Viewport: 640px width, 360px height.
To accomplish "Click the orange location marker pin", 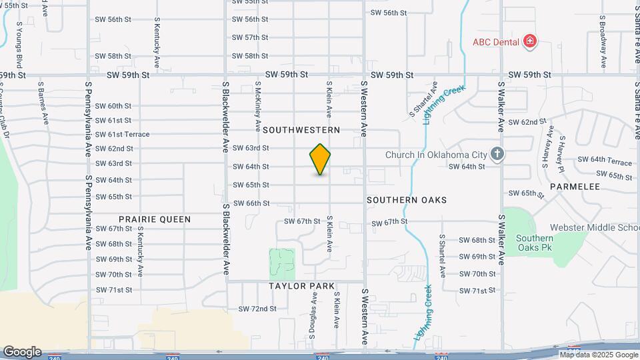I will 320,159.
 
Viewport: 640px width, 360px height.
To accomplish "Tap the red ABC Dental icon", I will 530,41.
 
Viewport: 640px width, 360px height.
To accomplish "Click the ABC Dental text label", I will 496,41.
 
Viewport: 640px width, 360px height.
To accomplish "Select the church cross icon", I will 496,155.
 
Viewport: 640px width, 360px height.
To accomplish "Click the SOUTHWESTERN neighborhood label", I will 301,130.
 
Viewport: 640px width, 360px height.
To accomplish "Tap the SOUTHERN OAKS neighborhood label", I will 407,200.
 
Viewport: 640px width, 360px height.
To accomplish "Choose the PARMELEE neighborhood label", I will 575,187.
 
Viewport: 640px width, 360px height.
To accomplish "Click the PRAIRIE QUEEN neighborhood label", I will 155,219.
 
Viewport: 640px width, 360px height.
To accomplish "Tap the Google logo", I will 22,351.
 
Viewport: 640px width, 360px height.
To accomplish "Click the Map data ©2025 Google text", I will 599,354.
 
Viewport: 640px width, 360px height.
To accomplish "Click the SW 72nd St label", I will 257,309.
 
